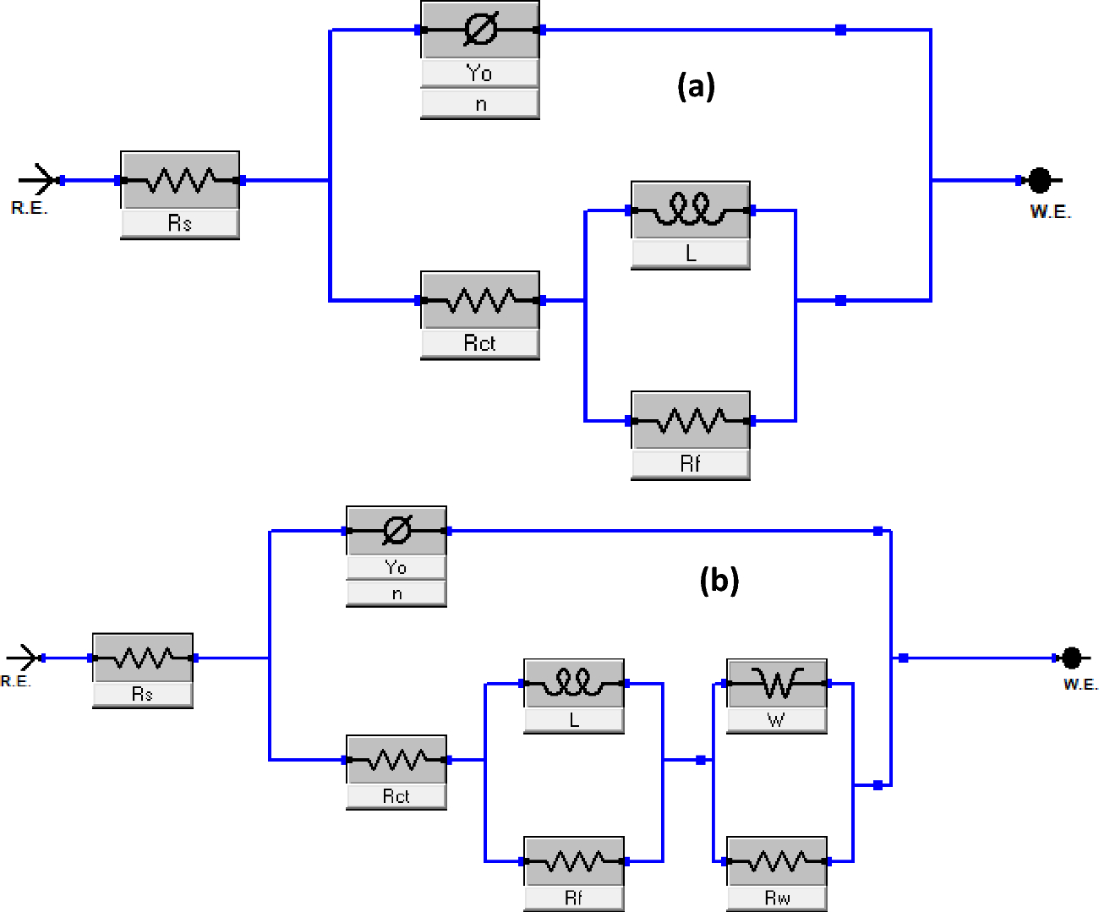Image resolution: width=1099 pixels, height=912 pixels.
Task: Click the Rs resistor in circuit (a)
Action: (180, 180)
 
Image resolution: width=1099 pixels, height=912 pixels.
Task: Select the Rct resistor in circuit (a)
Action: (479, 300)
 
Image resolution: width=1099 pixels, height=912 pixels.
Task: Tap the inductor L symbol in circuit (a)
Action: (690, 210)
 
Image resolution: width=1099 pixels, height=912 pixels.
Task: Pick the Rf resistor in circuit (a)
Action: (690, 420)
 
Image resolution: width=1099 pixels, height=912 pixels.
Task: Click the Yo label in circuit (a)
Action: (479, 74)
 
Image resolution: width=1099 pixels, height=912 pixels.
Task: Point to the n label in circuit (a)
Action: (479, 104)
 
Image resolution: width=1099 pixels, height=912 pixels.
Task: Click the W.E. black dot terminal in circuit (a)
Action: (1040, 180)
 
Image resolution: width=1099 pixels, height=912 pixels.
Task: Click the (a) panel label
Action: (696, 86)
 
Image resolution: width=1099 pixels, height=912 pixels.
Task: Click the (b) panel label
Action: (719, 581)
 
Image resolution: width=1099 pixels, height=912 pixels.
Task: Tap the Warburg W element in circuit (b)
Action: (776, 683)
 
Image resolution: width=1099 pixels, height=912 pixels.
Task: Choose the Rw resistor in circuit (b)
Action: (776, 861)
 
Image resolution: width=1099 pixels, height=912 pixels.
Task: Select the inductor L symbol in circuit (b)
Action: (574, 683)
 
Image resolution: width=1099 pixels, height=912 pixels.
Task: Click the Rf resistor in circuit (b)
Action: (574, 861)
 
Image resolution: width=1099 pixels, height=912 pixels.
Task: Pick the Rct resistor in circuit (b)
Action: (396, 760)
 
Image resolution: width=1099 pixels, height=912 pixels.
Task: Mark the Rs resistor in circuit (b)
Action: (142, 658)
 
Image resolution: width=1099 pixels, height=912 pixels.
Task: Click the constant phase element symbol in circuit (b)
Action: (396, 531)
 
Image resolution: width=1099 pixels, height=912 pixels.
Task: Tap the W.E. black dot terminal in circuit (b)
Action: (1071, 658)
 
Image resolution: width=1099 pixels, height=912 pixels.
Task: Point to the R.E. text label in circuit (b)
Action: (15, 681)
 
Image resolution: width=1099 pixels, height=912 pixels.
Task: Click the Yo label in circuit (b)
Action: (396, 567)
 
